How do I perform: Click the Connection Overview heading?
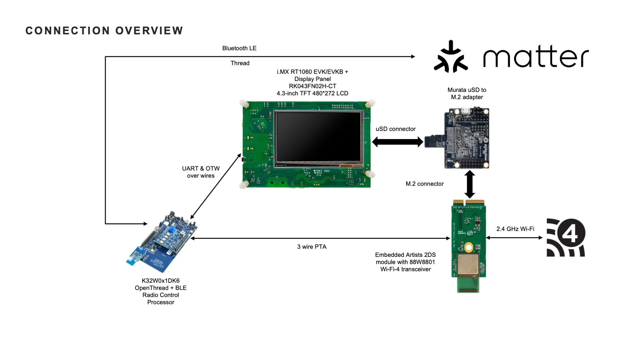tap(104, 31)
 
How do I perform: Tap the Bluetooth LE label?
tap(239, 48)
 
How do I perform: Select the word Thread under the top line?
tap(240, 63)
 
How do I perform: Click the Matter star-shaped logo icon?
tap(450, 57)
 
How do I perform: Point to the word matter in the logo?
tap(536, 57)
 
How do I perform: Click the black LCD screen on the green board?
tap(318, 137)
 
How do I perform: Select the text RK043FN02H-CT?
tap(312, 86)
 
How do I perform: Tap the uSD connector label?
tap(395, 129)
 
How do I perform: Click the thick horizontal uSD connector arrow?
tap(397, 142)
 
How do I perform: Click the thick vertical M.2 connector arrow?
tap(469, 184)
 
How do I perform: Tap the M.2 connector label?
tap(424, 184)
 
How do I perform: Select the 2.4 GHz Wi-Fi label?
tap(515, 229)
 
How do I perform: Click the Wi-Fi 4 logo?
tap(566, 237)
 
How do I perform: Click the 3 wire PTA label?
tap(312, 247)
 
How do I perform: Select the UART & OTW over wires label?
tap(201, 172)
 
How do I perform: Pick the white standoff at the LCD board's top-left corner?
tap(244, 103)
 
